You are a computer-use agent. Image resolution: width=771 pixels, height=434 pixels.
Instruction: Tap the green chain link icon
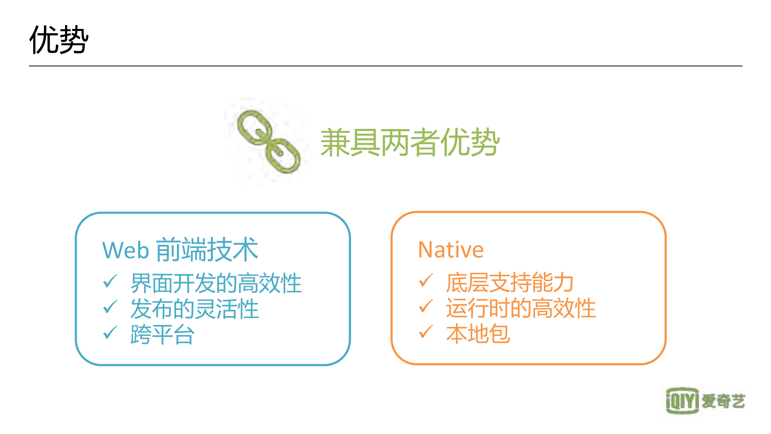tap(268, 142)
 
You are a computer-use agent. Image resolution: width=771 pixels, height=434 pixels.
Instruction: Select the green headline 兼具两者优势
tap(409, 142)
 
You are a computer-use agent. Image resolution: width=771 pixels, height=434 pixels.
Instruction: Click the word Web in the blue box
tap(126, 250)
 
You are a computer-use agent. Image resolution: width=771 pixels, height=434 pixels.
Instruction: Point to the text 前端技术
tap(207, 249)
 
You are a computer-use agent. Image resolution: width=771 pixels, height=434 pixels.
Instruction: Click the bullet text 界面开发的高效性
tap(216, 283)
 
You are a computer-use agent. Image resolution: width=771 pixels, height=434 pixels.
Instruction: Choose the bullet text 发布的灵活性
tap(194, 309)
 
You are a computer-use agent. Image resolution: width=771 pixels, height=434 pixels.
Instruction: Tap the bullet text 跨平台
tap(162, 334)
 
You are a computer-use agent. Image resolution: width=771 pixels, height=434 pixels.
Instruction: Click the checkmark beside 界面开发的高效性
tap(110, 282)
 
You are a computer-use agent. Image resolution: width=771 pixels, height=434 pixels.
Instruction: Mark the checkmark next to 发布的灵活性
tap(110, 307)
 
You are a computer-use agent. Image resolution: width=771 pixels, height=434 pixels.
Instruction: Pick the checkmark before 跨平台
tap(110, 333)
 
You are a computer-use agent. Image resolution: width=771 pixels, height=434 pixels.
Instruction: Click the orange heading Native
tap(451, 250)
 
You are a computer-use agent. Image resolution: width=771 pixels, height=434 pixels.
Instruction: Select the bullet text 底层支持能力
tap(509, 282)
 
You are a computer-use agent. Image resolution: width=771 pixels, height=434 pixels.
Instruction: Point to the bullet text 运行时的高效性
tap(521, 308)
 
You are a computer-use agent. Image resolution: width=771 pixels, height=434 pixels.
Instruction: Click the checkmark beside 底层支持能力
tap(426, 281)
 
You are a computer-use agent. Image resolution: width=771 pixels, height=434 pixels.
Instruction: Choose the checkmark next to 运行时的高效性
tap(426, 306)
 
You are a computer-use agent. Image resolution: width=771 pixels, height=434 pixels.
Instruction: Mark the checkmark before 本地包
tap(426, 332)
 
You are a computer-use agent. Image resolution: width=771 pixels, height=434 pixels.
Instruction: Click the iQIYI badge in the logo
tap(682, 401)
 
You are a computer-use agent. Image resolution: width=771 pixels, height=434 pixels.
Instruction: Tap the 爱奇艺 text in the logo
tap(723, 401)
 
